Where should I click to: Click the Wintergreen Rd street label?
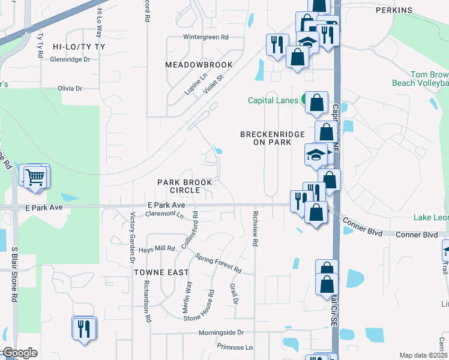(206, 37)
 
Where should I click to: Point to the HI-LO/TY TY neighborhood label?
(78, 46)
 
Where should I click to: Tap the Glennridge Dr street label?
(70, 59)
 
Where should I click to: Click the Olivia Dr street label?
(70, 88)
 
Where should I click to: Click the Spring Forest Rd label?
(218, 263)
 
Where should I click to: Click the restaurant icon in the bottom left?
(83, 328)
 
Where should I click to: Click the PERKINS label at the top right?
(394, 10)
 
